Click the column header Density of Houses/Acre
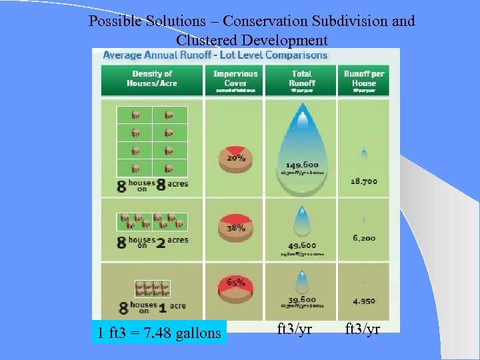coord(152,79)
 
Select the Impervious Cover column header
coord(235,79)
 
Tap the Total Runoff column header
coord(302,79)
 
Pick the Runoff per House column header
coord(364,79)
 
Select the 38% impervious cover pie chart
coord(235,230)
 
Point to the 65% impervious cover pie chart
coord(235,287)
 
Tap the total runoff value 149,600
coord(302,165)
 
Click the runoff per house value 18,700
coord(364,181)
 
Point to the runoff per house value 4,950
coord(364,301)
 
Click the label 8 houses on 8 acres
coord(153,185)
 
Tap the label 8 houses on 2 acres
coord(153,241)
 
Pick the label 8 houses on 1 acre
coord(151,307)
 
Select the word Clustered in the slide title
coord(208,39)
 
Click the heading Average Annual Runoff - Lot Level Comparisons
coord(215,55)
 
